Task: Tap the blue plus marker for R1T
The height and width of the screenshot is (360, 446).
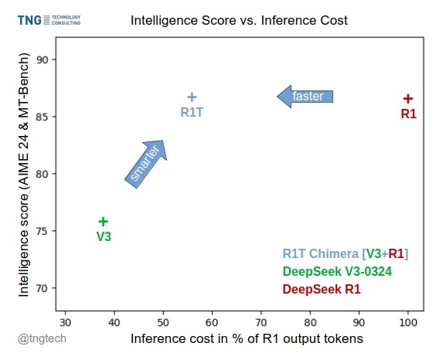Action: point(192,97)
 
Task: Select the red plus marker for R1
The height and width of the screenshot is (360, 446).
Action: point(408,99)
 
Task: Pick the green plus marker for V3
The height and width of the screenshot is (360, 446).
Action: point(104,222)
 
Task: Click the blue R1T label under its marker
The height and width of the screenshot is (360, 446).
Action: point(192,113)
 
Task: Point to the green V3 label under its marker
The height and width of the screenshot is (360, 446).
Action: point(104,236)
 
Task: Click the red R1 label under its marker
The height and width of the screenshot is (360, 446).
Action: point(408,114)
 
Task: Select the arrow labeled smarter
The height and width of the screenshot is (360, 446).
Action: point(146,163)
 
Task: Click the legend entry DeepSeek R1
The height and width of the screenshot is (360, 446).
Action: point(322,290)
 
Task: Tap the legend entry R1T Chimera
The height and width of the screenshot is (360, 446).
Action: point(346,253)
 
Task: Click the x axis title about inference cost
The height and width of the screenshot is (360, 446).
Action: point(247,339)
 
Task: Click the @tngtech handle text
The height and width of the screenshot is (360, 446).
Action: point(43,339)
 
